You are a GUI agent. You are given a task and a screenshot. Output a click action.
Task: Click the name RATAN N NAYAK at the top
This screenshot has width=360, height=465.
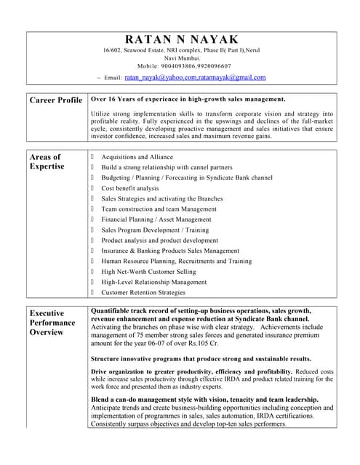click(x=181, y=39)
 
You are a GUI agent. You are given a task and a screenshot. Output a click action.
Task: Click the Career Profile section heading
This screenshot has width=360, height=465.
click(x=55, y=100)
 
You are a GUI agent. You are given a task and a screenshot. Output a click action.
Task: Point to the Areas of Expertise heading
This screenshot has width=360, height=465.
click(x=47, y=161)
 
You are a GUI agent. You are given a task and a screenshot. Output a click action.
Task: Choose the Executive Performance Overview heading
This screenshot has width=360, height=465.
click(x=52, y=323)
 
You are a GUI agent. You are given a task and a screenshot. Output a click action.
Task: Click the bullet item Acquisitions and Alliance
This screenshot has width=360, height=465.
click(x=137, y=157)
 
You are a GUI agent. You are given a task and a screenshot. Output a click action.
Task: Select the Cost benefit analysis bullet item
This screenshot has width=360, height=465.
click(x=129, y=188)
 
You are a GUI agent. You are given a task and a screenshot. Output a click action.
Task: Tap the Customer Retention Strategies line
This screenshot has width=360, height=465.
click(x=143, y=293)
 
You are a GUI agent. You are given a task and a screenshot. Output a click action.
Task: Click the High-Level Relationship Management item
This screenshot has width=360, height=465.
click(x=153, y=282)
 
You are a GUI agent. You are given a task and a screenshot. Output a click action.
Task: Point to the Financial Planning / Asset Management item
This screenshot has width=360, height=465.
click(x=156, y=219)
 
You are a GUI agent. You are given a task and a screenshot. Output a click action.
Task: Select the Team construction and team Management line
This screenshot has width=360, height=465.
click(x=159, y=209)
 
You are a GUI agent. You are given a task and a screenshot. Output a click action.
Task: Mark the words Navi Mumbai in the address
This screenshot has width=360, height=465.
click(x=181, y=57)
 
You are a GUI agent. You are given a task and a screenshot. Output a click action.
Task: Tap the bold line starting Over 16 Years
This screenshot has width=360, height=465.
click(x=188, y=99)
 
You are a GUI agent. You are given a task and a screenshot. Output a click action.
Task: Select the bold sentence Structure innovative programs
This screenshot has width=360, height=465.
click(x=201, y=359)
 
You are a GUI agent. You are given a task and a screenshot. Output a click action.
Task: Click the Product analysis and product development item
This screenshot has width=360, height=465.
click(x=159, y=240)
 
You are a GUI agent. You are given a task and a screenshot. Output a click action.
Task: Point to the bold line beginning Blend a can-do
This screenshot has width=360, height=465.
click(x=204, y=400)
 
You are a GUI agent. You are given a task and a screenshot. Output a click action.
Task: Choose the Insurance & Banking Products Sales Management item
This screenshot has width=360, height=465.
click(x=170, y=251)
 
